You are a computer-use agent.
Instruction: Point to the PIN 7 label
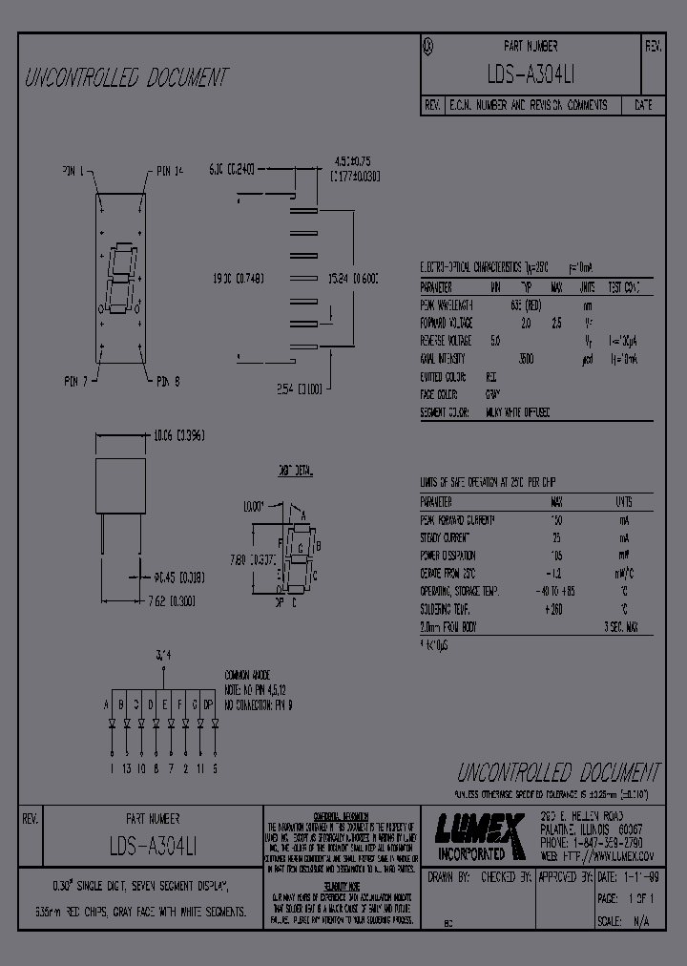tap(77, 382)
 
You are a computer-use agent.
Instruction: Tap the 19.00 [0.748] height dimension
tap(238, 279)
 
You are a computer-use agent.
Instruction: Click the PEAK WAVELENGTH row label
tap(448, 305)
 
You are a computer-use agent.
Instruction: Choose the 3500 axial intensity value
tap(525, 359)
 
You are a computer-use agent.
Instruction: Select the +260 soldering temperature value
tap(556, 609)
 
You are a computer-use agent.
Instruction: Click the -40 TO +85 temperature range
tap(556, 592)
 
